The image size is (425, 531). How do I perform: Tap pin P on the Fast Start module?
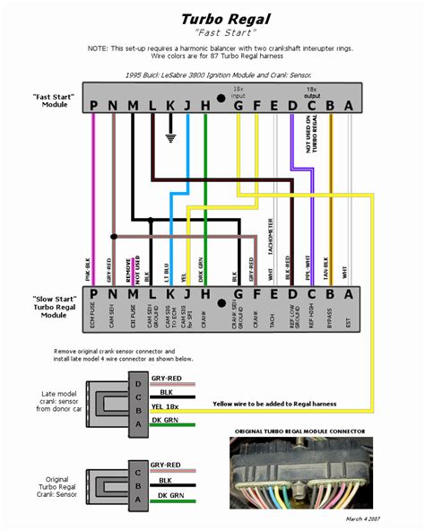[92, 106]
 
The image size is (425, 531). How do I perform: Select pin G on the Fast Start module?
[238, 106]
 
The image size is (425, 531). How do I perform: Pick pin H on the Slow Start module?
[206, 293]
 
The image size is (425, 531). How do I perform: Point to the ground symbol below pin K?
[169, 139]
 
